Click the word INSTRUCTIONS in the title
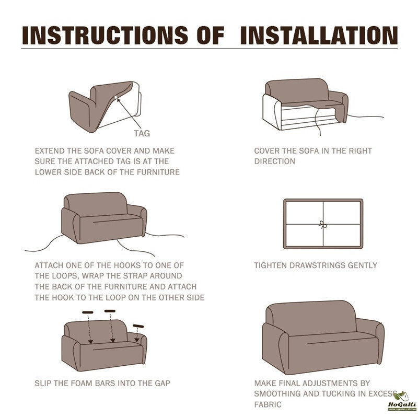click(105, 35)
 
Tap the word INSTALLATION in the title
click(319, 35)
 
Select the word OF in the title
click(211, 35)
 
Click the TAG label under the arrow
click(142, 133)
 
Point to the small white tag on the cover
click(116, 98)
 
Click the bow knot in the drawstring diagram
click(322, 225)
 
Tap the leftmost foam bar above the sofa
click(88, 312)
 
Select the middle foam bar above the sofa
click(110, 311)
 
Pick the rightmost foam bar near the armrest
click(138, 326)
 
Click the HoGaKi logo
click(402, 402)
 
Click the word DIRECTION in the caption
click(275, 161)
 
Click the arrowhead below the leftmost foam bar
click(90, 342)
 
